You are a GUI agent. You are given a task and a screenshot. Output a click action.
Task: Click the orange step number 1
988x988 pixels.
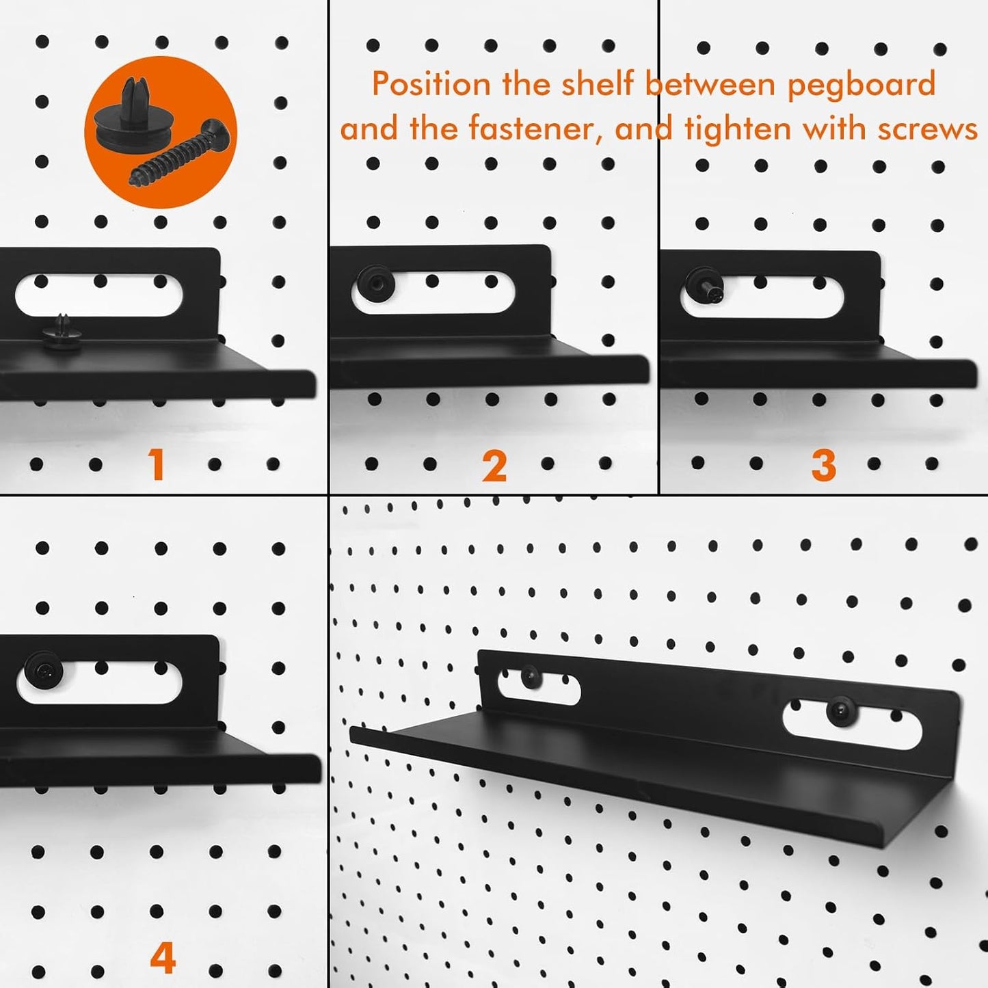[157, 466]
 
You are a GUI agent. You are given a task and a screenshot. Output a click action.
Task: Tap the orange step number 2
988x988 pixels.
[494, 467]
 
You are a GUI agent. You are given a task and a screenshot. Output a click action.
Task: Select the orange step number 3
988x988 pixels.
[823, 466]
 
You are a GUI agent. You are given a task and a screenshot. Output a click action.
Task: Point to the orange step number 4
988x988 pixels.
[162, 958]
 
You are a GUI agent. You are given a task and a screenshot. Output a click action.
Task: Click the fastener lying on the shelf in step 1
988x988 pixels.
[62, 332]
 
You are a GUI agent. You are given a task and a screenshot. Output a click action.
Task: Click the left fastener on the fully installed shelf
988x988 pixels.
[531, 678]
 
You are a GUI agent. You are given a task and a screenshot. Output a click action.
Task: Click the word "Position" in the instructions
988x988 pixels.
[431, 85]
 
